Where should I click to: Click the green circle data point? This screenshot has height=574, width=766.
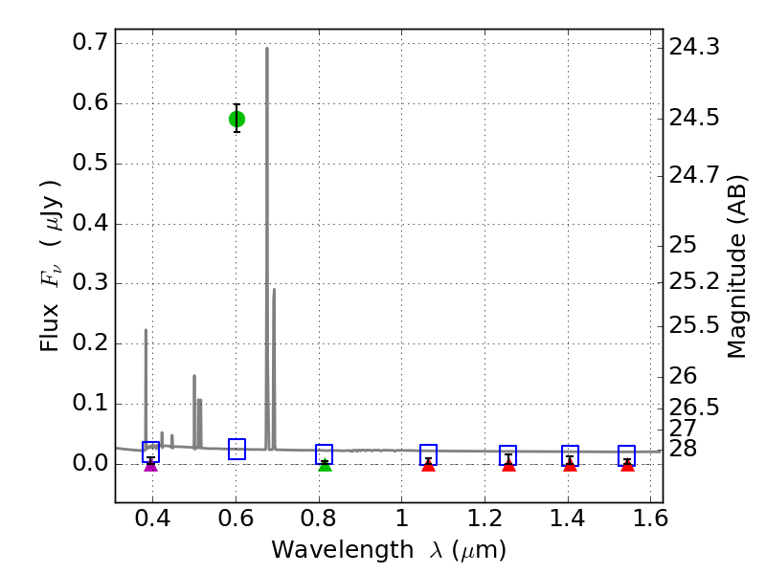(237, 119)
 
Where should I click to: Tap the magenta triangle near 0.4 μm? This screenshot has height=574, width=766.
(150, 465)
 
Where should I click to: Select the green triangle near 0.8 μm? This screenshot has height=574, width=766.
(325, 465)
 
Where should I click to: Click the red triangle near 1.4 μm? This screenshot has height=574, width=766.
(570, 465)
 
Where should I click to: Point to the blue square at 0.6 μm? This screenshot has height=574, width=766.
(237, 449)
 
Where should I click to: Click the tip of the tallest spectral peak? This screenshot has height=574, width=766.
(266, 49)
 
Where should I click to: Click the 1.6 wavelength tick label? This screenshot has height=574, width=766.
(650, 521)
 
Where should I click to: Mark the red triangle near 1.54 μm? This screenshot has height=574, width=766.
(626, 465)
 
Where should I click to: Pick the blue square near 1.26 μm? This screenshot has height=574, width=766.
(507, 455)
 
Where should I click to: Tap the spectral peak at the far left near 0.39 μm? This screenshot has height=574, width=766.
(146, 331)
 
